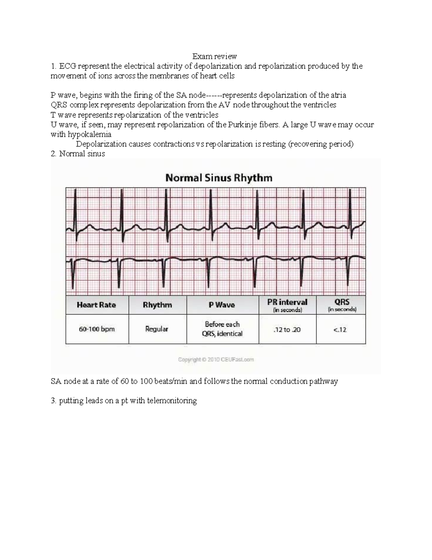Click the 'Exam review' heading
(214, 56)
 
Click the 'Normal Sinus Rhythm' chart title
(219, 178)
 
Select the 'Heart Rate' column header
(96, 305)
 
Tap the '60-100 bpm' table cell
(96, 329)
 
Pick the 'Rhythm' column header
(157, 305)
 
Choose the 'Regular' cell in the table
(157, 329)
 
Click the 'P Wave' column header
(222, 305)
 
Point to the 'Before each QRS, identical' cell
(222, 329)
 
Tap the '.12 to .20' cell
(287, 330)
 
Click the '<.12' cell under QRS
(341, 330)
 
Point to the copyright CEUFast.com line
(216, 360)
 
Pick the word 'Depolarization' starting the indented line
(102, 144)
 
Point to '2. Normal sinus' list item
(78, 154)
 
